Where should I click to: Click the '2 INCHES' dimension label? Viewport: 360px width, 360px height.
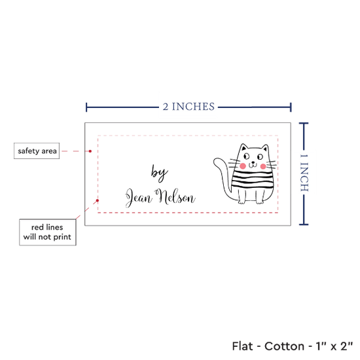(x=189, y=107)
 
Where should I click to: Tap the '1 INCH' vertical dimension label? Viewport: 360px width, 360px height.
(x=304, y=173)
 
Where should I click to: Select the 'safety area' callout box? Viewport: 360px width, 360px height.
(x=37, y=151)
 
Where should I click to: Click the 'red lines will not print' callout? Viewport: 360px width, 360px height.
(x=48, y=232)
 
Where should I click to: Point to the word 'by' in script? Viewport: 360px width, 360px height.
(x=159, y=173)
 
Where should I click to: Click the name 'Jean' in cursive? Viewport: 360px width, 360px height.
(x=139, y=198)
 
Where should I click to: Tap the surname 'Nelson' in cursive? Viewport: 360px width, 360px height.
(x=175, y=197)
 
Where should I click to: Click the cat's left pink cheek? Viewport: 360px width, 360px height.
(x=243, y=166)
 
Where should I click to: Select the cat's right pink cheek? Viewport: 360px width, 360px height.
(x=263, y=166)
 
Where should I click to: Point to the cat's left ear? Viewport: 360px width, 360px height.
(x=243, y=147)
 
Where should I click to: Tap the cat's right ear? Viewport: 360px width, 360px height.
(x=265, y=148)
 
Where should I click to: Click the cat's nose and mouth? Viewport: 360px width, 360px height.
(x=253, y=164)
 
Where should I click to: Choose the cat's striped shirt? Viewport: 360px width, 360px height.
(x=253, y=179)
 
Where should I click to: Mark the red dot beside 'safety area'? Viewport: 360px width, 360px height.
(x=90, y=151)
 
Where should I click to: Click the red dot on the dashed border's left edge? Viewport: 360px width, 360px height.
(x=98, y=201)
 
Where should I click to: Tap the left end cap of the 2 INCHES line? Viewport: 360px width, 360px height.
(x=86, y=107)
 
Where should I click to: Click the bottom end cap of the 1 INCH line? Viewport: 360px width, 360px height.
(x=304, y=225)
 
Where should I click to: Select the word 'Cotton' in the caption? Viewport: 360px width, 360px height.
(x=284, y=346)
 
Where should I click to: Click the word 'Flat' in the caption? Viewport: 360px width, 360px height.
(x=242, y=346)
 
